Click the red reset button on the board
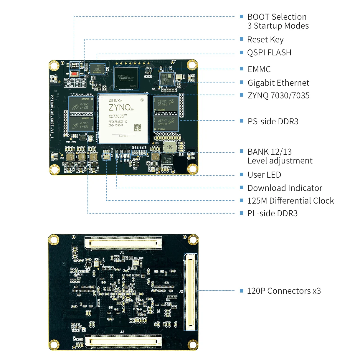click(74, 73)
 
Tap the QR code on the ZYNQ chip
click(138, 128)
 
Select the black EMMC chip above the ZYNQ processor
click(126, 78)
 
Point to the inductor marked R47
click(170, 147)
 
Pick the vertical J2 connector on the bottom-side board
click(191, 292)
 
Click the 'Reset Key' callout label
click(265, 39)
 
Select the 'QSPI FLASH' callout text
click(269, 52)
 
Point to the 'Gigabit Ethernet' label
click(278, 83)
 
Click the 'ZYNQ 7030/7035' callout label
click(278, 95)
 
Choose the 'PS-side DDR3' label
click(273, 121)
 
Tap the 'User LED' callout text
click(264, 175)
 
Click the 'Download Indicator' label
click(285, 188)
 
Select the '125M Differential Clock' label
click(290, 201)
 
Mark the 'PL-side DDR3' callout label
click(272, 213)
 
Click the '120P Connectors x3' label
click(284, 291)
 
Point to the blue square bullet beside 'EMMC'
click(242, 69)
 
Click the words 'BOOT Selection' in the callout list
click(277, 17)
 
